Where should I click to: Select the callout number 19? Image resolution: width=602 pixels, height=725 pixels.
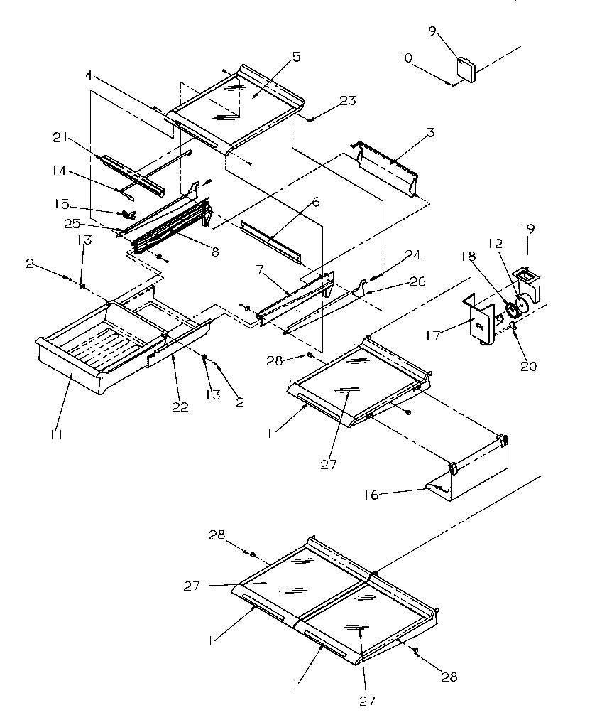pyautogui.click(x=527, y=229)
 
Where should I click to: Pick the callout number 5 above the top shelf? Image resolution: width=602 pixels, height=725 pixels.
pyautogui.click(x=295, y=57)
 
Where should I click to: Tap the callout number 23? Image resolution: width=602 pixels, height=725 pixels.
pyautogui.click(x=347, y=101)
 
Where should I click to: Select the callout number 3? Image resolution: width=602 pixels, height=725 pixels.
pyautogui.click(x=430, y=133)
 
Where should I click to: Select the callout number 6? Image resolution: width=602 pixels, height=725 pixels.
pyautogui.click(x=315, y=202)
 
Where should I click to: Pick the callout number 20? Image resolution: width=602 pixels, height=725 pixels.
pyautogui.click(x=529, y=367)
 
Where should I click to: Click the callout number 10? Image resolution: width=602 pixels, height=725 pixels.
pyautogui.click(x=403, y=57)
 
